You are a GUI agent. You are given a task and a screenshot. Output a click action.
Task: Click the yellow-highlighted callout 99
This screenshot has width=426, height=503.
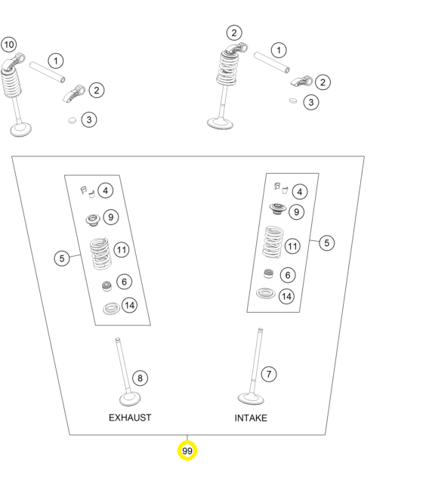[x=187, y=451]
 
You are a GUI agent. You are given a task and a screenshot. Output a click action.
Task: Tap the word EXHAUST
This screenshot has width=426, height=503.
[x=130, y=418]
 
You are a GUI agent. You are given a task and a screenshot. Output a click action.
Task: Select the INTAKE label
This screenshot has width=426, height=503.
[x=251, y=418]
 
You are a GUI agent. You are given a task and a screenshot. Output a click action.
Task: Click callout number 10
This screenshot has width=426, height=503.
[x=9, y=45]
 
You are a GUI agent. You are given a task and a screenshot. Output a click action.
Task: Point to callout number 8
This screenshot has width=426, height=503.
[x=140, y=378]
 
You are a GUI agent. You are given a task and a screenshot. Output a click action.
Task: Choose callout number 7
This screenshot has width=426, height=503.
[x=269, y=374]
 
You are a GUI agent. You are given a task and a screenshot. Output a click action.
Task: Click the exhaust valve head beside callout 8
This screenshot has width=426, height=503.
[x=130, y=400]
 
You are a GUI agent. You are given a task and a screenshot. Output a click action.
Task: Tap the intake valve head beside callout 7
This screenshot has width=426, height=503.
[x=251, y=399]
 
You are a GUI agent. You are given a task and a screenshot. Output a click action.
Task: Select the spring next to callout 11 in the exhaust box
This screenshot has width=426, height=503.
[x=100, y=254]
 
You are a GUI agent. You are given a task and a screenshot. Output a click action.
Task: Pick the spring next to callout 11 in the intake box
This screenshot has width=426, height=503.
[x=273, y=242]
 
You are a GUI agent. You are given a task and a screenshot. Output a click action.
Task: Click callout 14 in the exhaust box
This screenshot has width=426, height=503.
[x=130, y=305]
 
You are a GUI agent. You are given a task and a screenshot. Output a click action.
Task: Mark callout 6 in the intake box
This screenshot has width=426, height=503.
[x=288, y=275]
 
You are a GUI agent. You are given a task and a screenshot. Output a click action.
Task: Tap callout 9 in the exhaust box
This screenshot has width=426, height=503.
[x=111, y=218]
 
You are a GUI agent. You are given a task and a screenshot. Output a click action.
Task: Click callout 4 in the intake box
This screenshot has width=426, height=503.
[x=300, y=192]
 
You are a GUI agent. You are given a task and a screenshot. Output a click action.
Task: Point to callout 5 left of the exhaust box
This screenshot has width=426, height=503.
[x=62, y=258]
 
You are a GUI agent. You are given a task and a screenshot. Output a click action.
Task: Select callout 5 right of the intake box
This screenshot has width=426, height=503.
[x=327, y=243]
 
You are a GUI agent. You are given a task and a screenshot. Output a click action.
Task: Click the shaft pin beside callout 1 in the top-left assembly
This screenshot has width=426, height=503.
[x=48, y=73]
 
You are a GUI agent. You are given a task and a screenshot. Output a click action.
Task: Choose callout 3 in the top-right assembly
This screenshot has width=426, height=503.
[x=311, y=102]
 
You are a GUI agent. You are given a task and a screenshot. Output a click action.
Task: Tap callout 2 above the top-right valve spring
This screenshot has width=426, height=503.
[x=234, y=32]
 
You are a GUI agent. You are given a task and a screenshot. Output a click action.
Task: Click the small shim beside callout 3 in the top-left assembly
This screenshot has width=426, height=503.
[x=73, y=120]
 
